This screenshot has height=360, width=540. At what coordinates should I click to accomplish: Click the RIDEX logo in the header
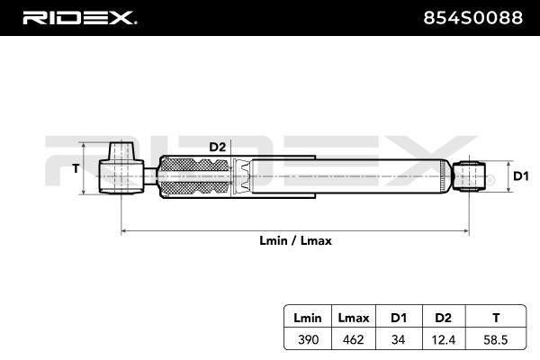[x=79, y=18]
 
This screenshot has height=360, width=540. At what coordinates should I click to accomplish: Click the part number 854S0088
[x=472, y=18]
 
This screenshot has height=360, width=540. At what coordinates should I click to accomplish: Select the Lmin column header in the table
[x=308, y=318]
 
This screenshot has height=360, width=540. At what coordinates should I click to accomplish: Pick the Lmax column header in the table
[x=354, y=318]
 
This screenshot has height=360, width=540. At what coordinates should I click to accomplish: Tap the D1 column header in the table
[x=399, y=318]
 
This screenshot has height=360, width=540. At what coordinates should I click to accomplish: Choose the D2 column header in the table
[x=443, y=318]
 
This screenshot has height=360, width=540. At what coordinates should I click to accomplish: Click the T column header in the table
[x=496, y=318]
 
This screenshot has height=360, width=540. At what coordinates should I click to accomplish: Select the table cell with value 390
[x=308, y=339]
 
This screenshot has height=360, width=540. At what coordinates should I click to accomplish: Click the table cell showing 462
[x=354, y=339]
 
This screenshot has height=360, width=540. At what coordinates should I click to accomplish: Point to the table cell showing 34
[x=399, y=339]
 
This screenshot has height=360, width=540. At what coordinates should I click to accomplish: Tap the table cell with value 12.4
[x=444, y=340]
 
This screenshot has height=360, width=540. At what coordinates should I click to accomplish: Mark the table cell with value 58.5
[x=496, y=340]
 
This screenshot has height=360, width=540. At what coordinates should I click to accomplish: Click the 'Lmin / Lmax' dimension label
[x=295, y=240]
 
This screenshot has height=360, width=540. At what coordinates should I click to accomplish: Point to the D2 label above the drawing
[x=217, y=147]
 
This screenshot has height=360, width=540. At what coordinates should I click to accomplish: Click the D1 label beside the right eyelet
[x=521, y=176]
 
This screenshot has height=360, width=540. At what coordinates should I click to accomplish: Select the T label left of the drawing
[x=76, y=168]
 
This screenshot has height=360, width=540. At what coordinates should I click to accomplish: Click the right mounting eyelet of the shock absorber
[x=469, y=176]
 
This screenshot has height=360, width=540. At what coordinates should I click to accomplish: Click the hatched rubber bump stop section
[x=195, y=176]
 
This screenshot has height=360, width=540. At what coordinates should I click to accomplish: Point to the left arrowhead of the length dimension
[x=124, y=230]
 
